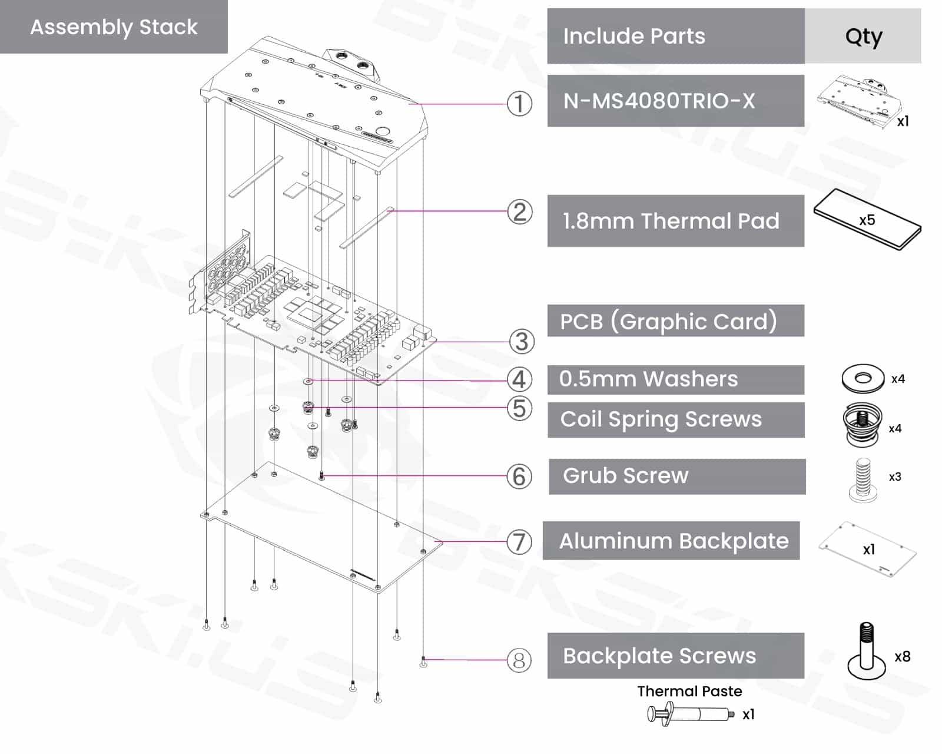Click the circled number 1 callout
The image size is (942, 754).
pyautogui.click(x=519, y=104)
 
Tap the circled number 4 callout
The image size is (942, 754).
pyautogui.click(x=519, y=379)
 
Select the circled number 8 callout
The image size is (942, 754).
pyautogui.click(x=519, y=660)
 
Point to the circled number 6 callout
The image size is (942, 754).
pyautogui.click(x=519, y=477)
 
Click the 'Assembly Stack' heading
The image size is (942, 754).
pyautogui.click(x=114, y=27)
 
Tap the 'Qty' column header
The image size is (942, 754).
pyautogui.click(x=863, y=37)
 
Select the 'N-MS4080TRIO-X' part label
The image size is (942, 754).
pyautogui.click(x=659, y=101)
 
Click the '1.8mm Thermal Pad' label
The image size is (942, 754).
pyautogui.click(x=671, y=221)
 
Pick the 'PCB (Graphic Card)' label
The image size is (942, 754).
pyautogui.click(x=668, y=322)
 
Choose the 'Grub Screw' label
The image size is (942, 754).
pyautogui.click(x=625, y=475)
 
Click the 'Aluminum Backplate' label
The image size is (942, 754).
pyautogui.click(x=674, y=541)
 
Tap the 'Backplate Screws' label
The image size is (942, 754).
pyautogui.click(x=659, y=656)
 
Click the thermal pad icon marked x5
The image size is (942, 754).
pyautogui.click(x=867, y=220)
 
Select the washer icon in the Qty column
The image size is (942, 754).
pyautogui.click(x=863, y=378)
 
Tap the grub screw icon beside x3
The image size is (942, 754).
pyautogui.click(x=863, y=479)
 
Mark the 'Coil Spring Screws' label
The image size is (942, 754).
pyautogui.click(x=661, y=419)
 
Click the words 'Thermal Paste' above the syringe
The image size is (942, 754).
pyautogui.click(x=689, y=691)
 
